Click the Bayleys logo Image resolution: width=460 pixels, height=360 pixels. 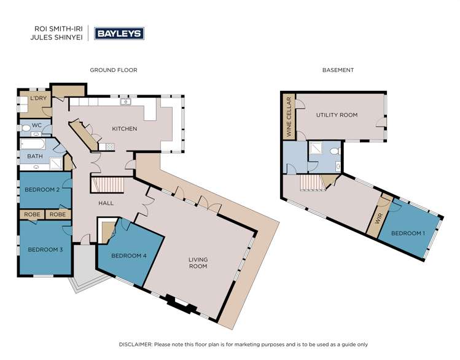point(119,33)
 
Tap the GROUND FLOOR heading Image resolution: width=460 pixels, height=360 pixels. point(114,70)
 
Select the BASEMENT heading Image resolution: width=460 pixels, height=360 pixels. point(338,70)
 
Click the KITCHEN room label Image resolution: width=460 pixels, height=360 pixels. point(125,128)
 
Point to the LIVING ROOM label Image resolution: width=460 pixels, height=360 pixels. point(198,263)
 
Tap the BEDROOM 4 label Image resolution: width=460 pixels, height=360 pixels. point(129,256)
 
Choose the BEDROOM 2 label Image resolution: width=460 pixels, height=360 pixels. point(42,190)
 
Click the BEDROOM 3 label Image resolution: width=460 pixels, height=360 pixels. point(45,249)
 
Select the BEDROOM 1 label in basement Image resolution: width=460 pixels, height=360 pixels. point(408,233)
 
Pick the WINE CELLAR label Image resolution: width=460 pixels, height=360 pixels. point(289,117)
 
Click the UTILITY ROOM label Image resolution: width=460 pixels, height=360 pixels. point(337,115)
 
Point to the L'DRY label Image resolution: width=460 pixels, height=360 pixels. point(39,98)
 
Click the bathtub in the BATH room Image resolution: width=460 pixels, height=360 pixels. point(33,144)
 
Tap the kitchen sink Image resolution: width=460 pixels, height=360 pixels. point(125,102)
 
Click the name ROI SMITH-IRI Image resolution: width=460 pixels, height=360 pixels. point(58,29)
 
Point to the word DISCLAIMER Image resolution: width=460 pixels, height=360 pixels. point(136,345)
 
